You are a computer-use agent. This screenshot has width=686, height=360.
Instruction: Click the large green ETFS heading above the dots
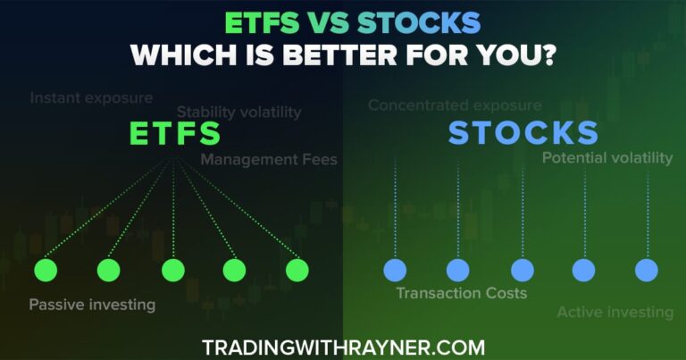(x=175, y=134)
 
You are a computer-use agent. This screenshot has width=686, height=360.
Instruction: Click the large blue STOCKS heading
(x=523, y=133)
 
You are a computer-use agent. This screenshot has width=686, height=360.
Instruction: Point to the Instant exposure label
(x=91, y=97)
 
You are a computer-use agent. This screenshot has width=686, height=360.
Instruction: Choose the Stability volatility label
(x=238, y=113)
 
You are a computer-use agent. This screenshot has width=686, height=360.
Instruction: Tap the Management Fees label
(x=269, y=160)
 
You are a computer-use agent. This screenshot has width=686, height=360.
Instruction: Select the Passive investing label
(x=92, y=305)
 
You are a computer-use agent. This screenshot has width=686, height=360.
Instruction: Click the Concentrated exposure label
(x=455, y=105)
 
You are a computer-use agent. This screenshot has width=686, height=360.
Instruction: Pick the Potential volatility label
(x=607, y=158)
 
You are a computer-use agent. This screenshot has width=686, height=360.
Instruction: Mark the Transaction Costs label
(x=462, y=293)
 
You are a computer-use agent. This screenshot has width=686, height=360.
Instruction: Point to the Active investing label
(x=615, y=312)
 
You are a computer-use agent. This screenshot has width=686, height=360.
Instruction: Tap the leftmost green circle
(x=46, y=270)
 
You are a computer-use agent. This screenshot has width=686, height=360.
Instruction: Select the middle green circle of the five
(x=172, y=270)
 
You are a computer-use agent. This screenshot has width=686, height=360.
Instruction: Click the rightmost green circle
(x=297, y=270)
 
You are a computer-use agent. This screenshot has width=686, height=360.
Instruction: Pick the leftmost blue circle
(x=394, y=270)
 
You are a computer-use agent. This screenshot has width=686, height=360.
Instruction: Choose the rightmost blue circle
(x=647, y=270)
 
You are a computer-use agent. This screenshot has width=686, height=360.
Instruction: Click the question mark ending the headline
(x=546, y=54)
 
